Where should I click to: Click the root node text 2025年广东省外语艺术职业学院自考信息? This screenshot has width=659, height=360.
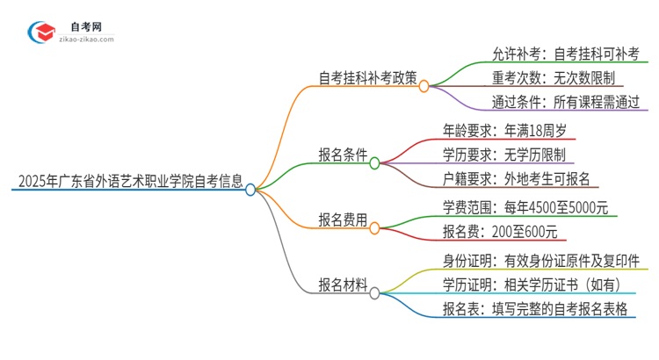click(x=128, y=182)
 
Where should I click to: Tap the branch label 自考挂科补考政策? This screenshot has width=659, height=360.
click(x=366, y=77)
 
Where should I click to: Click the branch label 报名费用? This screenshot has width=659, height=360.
click(x=343, y=220)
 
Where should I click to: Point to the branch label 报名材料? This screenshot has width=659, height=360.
click(x=343, y=284)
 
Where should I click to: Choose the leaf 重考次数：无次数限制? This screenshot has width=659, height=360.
click(x=544, y=77)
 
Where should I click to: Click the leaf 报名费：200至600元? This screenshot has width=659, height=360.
click(x=499, y=233)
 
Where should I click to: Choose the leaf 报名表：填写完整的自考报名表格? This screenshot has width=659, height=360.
click(x=537, y=310)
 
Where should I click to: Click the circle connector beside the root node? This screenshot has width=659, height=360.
click(x=250, y=189)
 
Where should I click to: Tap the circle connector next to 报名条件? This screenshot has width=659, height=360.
click(x=374, y=163)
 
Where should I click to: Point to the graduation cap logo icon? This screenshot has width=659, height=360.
click(x=40, y=32)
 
